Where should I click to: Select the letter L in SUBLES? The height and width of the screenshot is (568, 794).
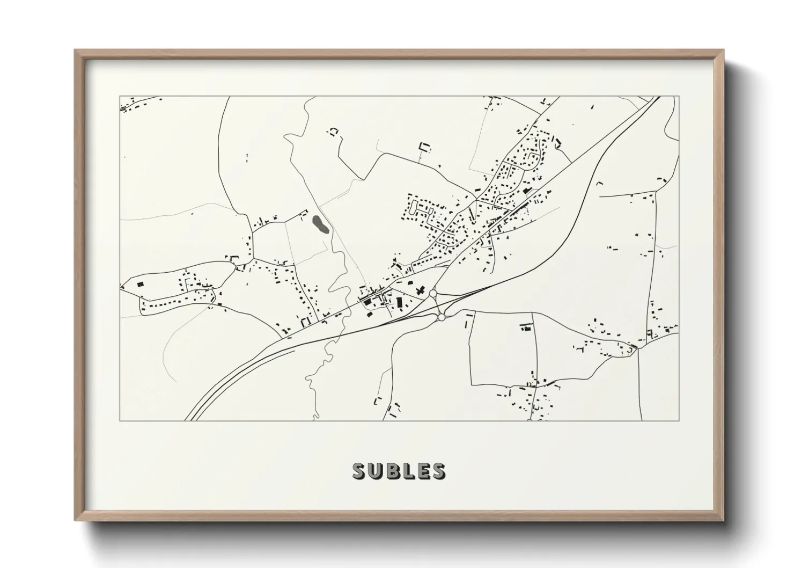pos(407,471)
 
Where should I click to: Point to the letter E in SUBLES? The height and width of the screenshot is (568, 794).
pos(422,471)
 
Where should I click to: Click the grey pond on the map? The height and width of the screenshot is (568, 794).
pos(319,224)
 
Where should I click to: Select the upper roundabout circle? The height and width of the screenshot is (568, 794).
pos(433,294)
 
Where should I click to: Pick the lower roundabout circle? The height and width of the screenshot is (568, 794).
pos(441,317)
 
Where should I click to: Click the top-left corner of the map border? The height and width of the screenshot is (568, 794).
pos(120,97)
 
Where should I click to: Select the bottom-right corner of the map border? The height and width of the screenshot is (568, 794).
pos(679,420)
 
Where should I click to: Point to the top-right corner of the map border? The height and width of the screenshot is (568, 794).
pos(679,97)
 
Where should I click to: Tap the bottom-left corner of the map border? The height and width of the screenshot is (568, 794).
pos(120,420)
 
